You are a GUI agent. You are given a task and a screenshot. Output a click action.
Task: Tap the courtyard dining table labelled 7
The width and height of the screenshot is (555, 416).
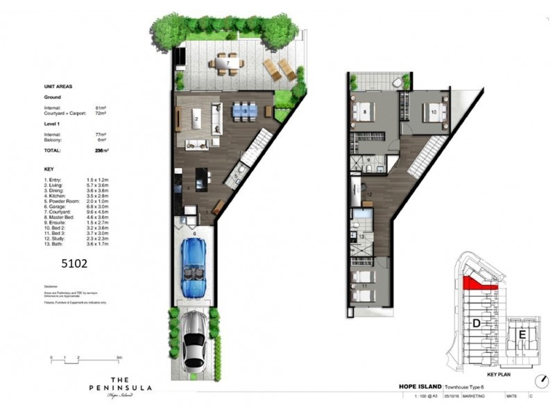pyautogui.click(x=229, y=64)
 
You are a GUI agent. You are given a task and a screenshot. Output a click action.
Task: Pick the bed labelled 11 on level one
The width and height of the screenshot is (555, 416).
pyautogui.click(x=366, y=285)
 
